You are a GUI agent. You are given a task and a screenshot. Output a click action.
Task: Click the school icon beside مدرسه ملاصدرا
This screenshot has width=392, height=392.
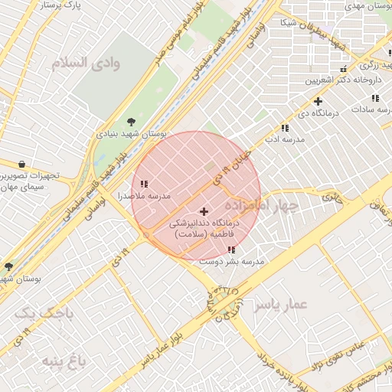pos(144,183)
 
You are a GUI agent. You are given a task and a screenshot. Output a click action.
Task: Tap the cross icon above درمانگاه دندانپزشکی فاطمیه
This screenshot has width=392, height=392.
pos(204,211)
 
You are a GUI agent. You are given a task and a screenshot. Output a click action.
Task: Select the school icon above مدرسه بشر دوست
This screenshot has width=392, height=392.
pos(231,250)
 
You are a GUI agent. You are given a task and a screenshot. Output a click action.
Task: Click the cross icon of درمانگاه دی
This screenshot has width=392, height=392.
pos(318,101)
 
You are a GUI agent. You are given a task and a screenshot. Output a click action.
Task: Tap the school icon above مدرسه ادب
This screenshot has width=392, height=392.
pos(285,128)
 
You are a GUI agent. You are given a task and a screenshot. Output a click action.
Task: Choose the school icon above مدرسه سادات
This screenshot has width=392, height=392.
pos(375,98)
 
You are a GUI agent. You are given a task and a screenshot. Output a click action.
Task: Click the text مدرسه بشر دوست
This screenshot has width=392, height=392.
pos(232,262)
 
